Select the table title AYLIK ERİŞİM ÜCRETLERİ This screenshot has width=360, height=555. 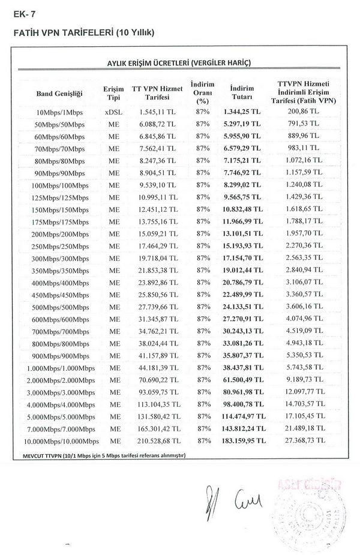tap(178, 62)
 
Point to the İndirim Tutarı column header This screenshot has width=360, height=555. tap(242, 92)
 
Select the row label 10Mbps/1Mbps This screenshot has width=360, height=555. tap(59, 112)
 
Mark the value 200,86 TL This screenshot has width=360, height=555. tap(307, 112)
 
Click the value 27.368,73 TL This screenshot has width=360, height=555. tap(307, 440)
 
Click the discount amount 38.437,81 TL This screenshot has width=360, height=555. tap(242, 366)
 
